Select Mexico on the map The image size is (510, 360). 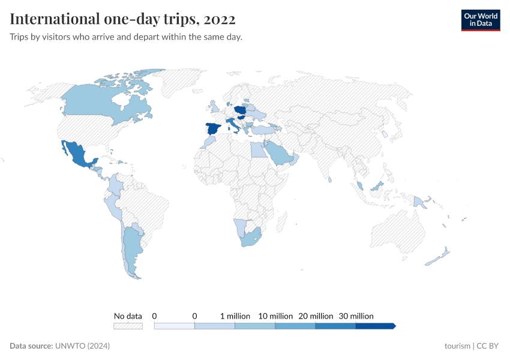(x=77, y=155)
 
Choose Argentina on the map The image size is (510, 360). (x=131, y=243)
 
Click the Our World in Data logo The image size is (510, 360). (x=480, y=20)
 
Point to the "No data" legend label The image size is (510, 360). (x=128, y=316)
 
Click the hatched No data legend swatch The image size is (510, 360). (x=128, y=326)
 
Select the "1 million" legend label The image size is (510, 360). (x=235, y=316)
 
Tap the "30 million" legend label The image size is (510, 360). (x=356, y=316)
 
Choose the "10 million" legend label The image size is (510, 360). (x=275, y=316)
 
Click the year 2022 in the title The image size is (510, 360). (x=220, y=19)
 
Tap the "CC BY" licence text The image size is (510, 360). (x=487, y=346)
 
